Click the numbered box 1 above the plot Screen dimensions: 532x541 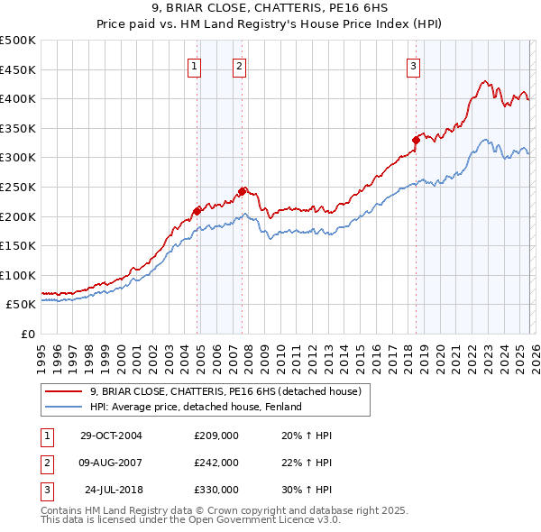(x=196, y=65)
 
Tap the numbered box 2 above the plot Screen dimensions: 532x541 (x=239, y=65)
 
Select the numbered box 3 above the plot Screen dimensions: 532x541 (x=414, y=65)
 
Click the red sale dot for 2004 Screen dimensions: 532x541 (x=197, y=211)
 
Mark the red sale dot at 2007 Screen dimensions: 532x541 (x=242, y=191)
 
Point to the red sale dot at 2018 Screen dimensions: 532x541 (x=417, y=140)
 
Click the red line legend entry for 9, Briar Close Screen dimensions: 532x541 (x=225, y=391)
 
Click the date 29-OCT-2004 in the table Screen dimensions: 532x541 (x=111, y=436)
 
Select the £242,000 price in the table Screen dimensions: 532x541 (x=216, y=463)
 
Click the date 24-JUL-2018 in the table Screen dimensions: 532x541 (x=113, y=490)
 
